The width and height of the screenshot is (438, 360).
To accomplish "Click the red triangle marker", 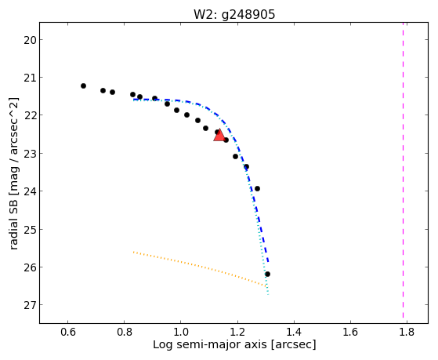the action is pyautogui.click(x=219, y=135).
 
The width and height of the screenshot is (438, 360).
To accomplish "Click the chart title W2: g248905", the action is pyautogui.click(x=234, y=15).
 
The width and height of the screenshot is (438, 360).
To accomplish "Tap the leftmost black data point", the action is pyautogui.click(x=83, y=85).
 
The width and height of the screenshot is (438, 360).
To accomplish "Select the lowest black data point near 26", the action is pyautogui.click(x=267, y=275).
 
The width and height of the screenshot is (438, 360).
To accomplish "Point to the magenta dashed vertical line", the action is pyautogui.click(x=403, y=170).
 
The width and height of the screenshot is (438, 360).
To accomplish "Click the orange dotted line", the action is pyautogui.click(x=200, y=269).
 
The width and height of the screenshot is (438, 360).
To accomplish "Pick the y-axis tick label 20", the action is pyautogui.click(x=30, y=40).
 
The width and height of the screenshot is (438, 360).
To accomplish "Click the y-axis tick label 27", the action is pyautogui.click(x=30, y=305).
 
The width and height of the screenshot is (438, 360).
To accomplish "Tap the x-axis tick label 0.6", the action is pyautogui.click(x=68, y=333).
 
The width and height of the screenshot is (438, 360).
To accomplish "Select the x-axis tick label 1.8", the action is pyautogui.click(x=407, y=333).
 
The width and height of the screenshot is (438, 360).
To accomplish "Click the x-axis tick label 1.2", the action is pyautogui.click(x=237, y=333).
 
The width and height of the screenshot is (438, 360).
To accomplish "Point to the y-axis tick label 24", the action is pyautogui.click(x=30, y=191).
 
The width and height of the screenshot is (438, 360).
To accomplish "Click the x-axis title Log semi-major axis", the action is pyautogui.click(x=210, y=344).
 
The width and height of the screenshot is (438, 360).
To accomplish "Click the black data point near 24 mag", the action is pyautogui.click(x=257, y=188).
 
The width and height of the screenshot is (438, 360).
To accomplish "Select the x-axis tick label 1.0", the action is pyautogui.click(x=181, y=333).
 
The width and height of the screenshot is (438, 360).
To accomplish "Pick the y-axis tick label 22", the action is pyautogui.click(x=30, y=115).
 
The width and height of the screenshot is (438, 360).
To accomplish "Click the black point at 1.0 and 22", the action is pyautogui.click(x=187, y=115).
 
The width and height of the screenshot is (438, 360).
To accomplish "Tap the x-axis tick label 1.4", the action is pyautogui.click(x=294, y=333).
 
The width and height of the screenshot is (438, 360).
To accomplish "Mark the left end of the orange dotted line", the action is pyautogui.click(x=133, y=252).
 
